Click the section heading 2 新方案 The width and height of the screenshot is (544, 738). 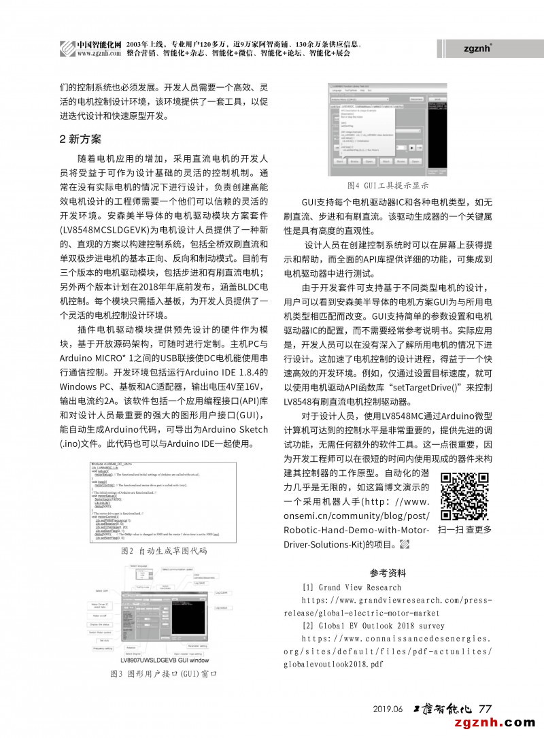tap(80, 139)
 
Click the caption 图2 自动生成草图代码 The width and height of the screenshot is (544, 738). tap(163, 550)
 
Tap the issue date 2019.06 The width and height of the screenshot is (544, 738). tap(388, 709)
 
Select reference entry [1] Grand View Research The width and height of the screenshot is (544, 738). tap(352, 588)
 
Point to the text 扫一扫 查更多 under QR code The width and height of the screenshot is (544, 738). tap(465, 529)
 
